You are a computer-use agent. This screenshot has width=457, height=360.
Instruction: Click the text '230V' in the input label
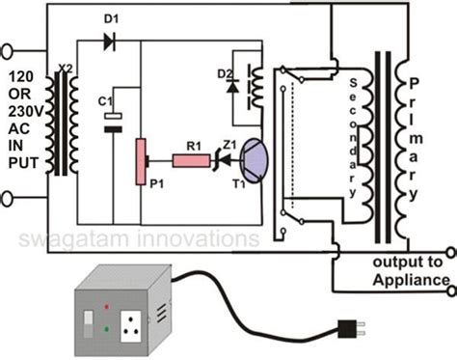[28, 108]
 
